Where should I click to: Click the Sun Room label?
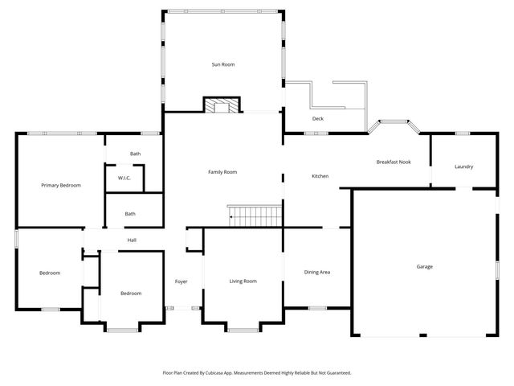point(222,64)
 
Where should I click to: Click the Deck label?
point(318,119)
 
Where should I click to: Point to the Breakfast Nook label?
point(394,162)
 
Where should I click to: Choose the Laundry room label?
point(463,166)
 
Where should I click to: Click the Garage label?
point(424,266)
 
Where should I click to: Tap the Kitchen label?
point(320,176)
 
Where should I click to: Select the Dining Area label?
point(317,272)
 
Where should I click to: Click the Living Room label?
point(243,281)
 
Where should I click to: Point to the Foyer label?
point(182,281)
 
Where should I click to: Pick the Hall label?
point(132,240)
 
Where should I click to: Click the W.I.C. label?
point(124,178)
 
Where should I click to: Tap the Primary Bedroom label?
point(61,185)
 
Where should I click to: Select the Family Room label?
point(222,171)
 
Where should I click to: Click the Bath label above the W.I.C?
point(136,153)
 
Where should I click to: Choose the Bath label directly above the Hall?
point(130,214)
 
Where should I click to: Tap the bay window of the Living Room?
point(243,328)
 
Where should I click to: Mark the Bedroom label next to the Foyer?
point(131,294)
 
